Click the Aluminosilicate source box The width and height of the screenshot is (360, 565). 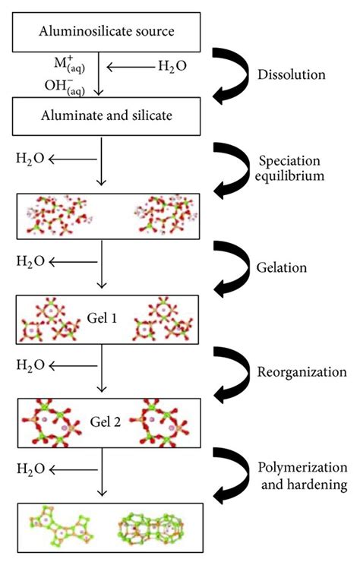point(107,30)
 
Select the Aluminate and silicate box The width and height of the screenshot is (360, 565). point(107,116)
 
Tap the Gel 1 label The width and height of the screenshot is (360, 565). point(108,317)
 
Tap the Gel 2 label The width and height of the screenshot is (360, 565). point(108,418)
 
